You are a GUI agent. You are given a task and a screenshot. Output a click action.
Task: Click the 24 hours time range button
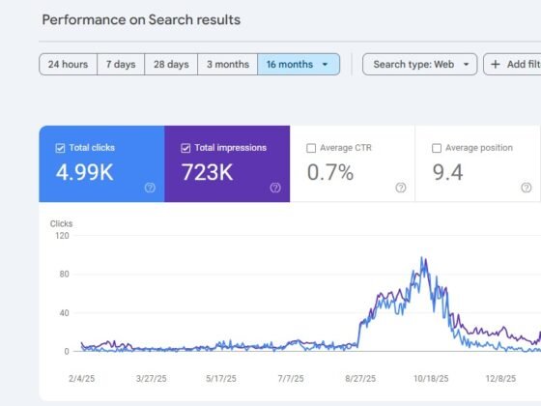(68, 64)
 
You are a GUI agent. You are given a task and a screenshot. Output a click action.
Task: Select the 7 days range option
(121, 64)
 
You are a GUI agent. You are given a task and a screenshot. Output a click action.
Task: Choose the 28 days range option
(171, 64)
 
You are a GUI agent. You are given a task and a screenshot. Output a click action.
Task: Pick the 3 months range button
(228, 64)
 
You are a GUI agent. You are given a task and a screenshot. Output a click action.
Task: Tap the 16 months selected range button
(299, 64)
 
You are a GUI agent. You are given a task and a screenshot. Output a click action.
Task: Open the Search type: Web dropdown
(420, 64)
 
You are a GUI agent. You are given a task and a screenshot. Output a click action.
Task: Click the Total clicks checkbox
(60, 148)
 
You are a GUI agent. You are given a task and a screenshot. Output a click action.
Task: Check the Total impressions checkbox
(185, 148)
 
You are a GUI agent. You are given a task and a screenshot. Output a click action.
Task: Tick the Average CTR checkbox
(311, 148)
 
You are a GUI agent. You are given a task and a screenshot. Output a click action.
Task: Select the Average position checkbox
(437, 148)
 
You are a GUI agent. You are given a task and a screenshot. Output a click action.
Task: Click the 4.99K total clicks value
(85, 172)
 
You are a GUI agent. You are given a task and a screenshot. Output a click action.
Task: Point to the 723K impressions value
(208, 172)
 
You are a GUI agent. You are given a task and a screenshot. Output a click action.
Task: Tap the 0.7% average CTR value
(330, 172)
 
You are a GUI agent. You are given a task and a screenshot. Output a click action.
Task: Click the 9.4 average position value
(447, 172)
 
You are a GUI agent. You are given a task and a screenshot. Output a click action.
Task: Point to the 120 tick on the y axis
(62, 236)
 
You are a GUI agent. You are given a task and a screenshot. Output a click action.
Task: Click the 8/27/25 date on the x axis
(360, 379)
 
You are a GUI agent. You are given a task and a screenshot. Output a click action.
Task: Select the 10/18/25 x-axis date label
(431, 379)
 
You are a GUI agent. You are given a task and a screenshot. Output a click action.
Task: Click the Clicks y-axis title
(62, 223)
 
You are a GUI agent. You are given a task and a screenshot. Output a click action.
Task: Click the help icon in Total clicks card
(150, 188)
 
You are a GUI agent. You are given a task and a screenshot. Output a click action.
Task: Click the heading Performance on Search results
(141, 20)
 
